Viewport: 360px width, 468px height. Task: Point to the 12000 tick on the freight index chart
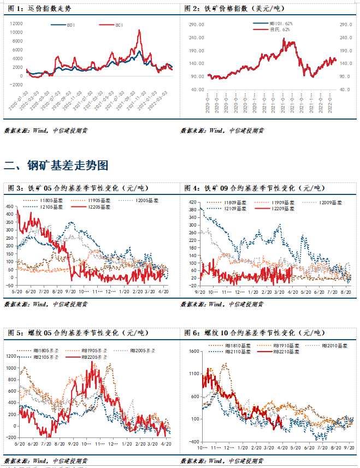16,23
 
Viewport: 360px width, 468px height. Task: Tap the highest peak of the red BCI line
139,31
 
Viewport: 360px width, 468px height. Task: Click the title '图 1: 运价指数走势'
38,9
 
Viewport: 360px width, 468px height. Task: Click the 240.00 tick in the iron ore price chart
198,38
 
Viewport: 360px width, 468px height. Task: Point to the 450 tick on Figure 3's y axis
10,206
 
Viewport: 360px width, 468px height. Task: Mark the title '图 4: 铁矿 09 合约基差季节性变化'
254,188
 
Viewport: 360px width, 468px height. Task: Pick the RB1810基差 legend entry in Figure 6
235,346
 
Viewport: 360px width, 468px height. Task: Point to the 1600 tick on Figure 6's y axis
194,351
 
